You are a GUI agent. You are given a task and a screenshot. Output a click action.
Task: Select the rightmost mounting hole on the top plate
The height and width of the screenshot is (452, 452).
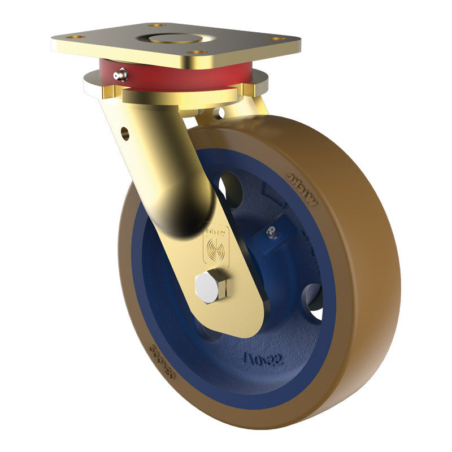pyautogui.click(x=276, y=39)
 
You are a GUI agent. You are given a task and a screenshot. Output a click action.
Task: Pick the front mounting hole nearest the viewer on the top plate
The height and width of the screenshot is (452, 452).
pyautogui.click(x=196, y=53)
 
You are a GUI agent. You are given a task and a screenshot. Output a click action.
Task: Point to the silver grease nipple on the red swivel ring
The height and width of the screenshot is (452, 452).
pyautogui.click(x=119, y=75)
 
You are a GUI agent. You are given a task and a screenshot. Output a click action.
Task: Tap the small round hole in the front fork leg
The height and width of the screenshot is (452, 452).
pyautogui.click(x=125, y=134)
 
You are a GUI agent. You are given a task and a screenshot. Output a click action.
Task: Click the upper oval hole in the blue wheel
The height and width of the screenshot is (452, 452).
pyautogui.click(x=231, y=189)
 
